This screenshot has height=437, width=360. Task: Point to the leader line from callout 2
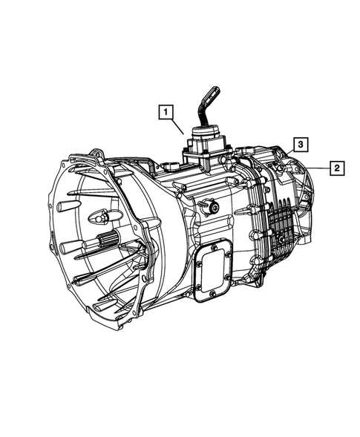[315, 168]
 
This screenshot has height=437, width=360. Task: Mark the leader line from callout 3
[287, 151]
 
